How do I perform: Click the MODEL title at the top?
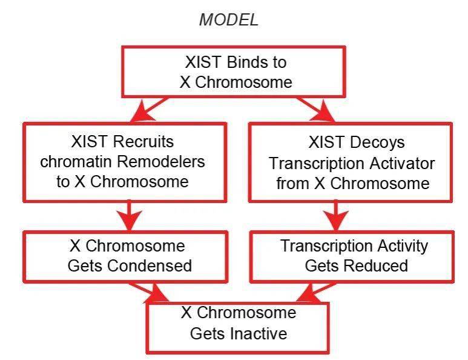click(229, 19)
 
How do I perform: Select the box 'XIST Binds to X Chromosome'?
click(236, 72)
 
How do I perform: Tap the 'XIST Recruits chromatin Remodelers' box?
click(124, 162)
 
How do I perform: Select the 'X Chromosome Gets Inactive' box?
click(239, 323)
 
